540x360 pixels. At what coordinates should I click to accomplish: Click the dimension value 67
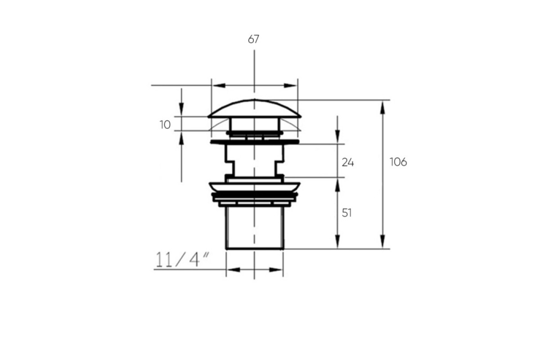click(x=253, y=39)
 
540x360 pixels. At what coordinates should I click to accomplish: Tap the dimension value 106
click(x=398, y=162)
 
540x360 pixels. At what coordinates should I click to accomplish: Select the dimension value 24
click(x=348, y=162)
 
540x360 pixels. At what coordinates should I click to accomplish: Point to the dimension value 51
click(x=346, y=213)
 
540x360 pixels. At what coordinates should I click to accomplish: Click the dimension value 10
click(x=165, y=125)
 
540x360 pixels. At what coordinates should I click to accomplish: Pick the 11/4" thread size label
click(x=182, y=260)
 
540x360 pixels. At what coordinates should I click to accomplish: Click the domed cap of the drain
click(x=255, y=108)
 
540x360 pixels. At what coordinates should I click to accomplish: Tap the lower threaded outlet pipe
click(x=255, y=228)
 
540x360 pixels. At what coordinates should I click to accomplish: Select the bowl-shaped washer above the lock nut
click(x=255, y=187)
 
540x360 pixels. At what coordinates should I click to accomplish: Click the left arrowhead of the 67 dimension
click(x=219, y=85)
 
